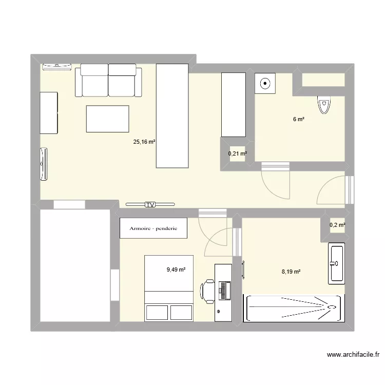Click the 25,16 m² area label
145,143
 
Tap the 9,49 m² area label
176,268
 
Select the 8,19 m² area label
291,272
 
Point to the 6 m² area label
298,119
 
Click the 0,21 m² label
237,153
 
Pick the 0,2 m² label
337,224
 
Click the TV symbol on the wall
150,204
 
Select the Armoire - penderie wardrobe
153,228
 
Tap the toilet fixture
324,104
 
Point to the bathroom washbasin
337,264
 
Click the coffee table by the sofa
107,119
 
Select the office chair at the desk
207,291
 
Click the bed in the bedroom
169,287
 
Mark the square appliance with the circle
265,82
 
